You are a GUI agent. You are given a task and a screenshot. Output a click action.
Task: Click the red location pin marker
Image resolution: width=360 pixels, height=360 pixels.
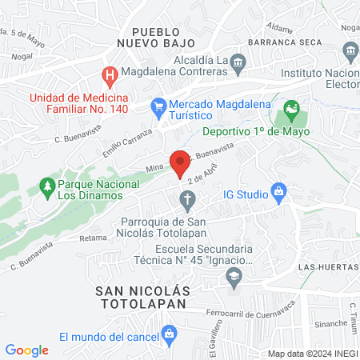click(x=180, y=162)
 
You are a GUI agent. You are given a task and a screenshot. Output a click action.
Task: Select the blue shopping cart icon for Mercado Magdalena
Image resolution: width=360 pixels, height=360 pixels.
click(x=158, y=105)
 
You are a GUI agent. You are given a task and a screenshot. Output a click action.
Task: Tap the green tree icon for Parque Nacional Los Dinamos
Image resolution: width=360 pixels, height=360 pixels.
click(x=45, y=187)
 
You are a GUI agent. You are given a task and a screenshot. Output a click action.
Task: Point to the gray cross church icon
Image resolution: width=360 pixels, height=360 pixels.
click(x=186, y=198)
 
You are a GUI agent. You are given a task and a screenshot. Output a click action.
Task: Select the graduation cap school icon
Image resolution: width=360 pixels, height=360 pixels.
click(x=234, y=276)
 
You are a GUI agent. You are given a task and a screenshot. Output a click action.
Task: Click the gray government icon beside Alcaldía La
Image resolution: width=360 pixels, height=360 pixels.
click(x=238, y=61)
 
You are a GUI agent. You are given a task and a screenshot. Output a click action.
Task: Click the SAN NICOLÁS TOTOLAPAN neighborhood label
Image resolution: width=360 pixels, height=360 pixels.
click(x=140, y=298)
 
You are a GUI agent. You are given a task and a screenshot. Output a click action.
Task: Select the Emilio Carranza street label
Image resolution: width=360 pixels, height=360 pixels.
click(x=127, y=142)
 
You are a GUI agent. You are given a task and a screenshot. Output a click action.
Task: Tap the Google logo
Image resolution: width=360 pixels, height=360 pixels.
click(x=27, y=350)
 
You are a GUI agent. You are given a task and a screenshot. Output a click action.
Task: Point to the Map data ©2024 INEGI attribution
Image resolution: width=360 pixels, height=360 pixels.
click(x=310, y=354)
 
